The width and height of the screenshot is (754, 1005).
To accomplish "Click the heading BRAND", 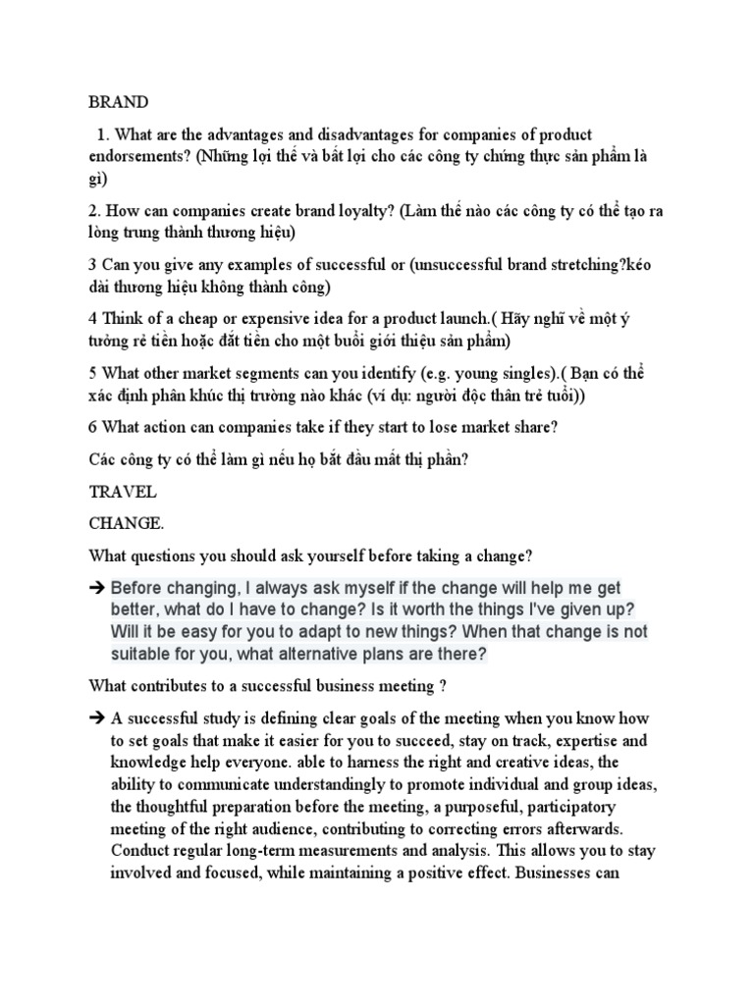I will (x=118, y=102).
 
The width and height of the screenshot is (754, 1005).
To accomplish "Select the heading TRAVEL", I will (x=122, y=491).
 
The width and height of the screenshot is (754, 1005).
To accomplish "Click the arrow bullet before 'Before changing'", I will (x=98, y=589).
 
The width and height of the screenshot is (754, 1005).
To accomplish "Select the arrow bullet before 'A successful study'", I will (x=98, y=719).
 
